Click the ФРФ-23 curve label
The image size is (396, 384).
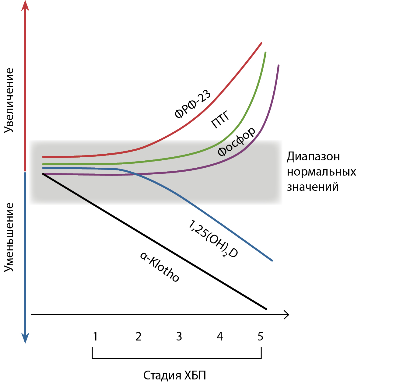[192, 104]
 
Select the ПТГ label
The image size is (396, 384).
[220, 120]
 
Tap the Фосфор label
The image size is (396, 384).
[236, 141]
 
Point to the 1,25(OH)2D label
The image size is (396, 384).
[213, 239]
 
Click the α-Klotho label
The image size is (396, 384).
[160, 267]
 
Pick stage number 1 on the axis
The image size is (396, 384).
[95, 337]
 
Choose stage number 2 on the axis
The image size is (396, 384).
[138, 337]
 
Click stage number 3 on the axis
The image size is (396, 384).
[179, 337]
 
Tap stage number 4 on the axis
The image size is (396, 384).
[220, 337]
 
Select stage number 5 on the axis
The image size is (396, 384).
[260, 337]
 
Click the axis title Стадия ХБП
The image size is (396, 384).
[175, 375]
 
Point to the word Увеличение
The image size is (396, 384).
[9, 100]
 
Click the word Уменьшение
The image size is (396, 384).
[9, 237]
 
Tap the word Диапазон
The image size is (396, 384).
[313, 157]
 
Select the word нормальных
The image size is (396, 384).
[321, 172]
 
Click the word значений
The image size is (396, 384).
[313, 187]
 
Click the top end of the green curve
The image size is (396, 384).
[265, 53]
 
